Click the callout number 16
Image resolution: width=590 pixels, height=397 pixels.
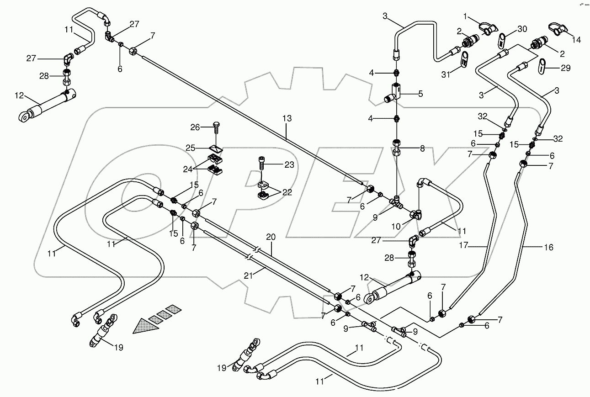pyautogui.click(x=548, y=247)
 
